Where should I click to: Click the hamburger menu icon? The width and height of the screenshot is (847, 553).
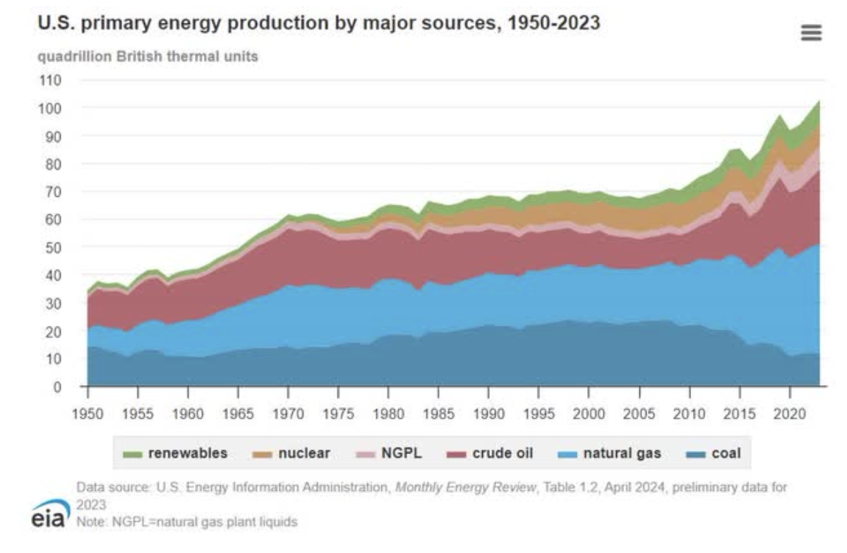pyautogui.click(x=812, y=33)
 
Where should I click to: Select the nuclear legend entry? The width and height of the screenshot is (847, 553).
pyautogui.click(x=292, y=454)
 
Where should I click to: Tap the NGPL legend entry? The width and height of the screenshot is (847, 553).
pyautogui.click(x=390, y=454)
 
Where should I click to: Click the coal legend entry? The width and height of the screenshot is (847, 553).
pyautogui.click(x=715, y=454)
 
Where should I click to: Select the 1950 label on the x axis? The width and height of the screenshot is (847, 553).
pyautogui.click(x=88, y=411)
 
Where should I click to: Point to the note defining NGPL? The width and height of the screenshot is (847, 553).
pyautogui.click(x=187, y=522)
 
